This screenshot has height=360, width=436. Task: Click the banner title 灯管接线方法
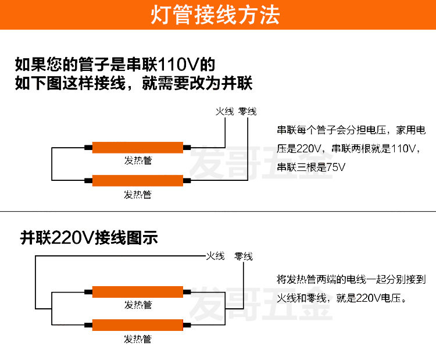pos(218,15)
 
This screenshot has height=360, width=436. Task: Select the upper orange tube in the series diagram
pos(138,148)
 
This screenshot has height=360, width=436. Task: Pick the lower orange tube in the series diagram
pos(138,181)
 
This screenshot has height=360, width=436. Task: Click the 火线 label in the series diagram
pos(225,112)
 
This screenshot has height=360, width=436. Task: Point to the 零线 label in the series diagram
pos(248,112)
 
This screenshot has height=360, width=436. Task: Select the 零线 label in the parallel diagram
pos(244,256)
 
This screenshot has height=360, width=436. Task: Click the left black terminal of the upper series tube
pos(88,148)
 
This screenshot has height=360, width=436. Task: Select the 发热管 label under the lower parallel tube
pos(138,339)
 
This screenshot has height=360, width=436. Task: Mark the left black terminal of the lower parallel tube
pos(88,326)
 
